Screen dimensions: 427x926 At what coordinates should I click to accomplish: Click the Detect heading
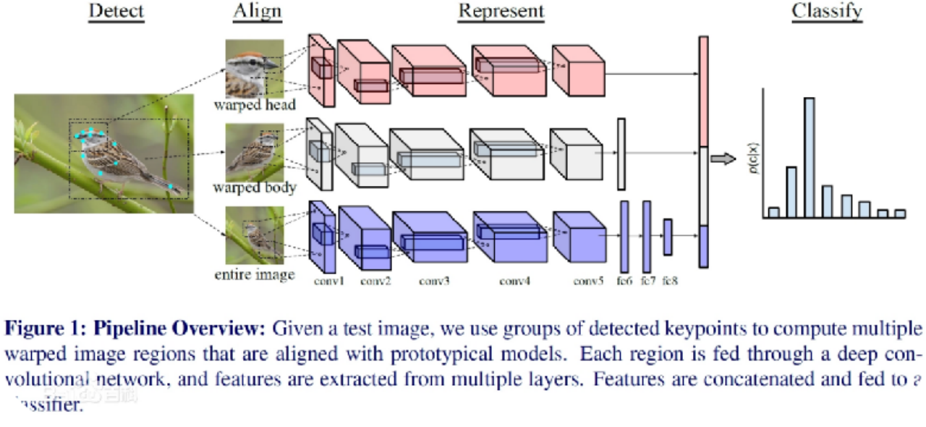116,12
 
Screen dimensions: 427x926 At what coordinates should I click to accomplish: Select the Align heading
257,12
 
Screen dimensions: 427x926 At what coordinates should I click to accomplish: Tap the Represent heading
501,12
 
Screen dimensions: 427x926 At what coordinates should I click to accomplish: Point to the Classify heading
827,12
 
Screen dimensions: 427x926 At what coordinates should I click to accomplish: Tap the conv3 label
433,280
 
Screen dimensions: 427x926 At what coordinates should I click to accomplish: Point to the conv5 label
588,280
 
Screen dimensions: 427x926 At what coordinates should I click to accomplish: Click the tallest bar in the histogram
809,157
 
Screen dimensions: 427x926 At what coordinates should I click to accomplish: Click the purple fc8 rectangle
668,237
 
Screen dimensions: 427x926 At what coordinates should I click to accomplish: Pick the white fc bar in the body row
621,154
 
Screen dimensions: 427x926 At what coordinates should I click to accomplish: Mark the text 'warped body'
255,188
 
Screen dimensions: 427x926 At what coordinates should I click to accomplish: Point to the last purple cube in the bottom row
579,237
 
